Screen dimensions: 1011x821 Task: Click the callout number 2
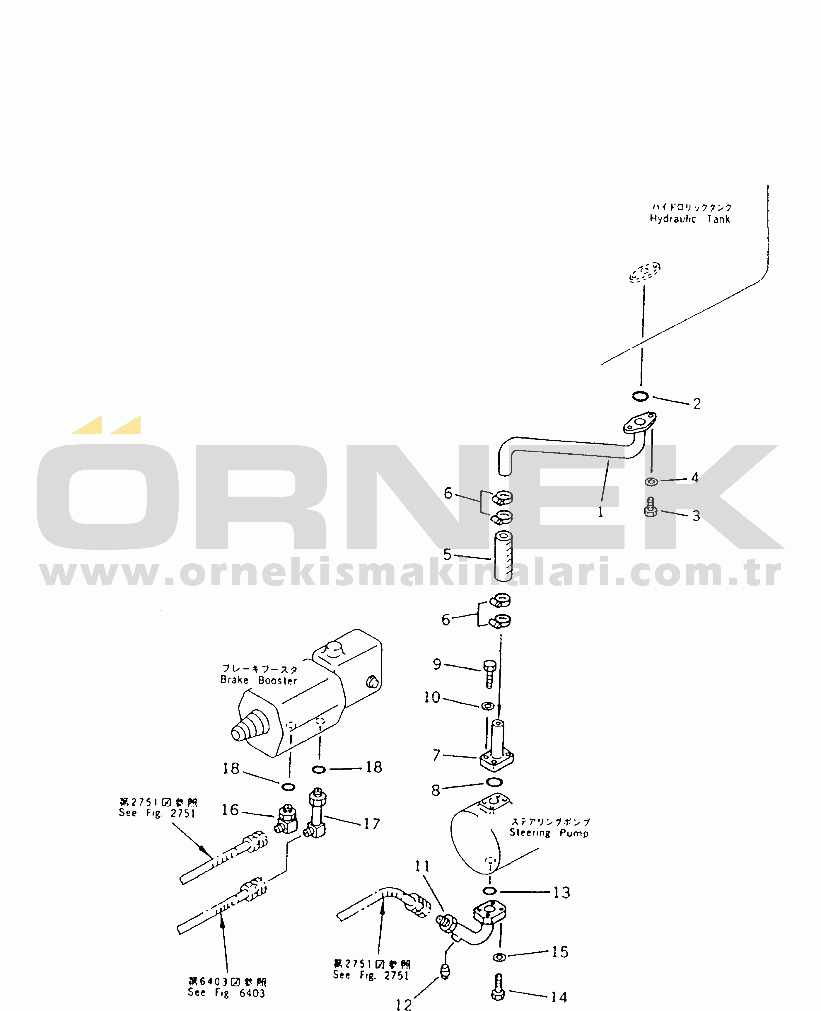pyautogui.click(x=696, y=404)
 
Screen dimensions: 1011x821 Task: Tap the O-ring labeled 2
pyautogui.click(x=640, y=396)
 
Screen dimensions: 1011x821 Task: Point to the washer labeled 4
pyautogui.click(x=651, y=482)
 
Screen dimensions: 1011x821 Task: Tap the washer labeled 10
pyautogui.click(x=488, y=706)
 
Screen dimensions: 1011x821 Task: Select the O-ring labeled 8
pyautogui.click(x=494, y=782)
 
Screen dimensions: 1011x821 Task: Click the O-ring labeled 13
pyautogui.click(x=489, y=891)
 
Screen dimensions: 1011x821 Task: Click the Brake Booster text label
pyautogui.click(x=258, y=680)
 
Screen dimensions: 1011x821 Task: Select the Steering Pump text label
pyautogui.click(x=549, y=833)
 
